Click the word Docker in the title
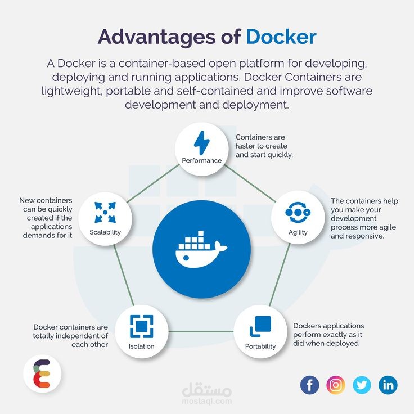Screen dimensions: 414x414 tap(281, 37)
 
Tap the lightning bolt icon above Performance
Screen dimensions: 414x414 tap(202, 142)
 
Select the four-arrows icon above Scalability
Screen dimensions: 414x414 tap(105, 212)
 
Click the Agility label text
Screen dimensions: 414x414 tap(298, 232)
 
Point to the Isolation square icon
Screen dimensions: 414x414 tap(142, 326)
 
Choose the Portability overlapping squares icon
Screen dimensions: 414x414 tap(260, 326)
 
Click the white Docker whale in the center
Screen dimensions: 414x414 tap(201, 250)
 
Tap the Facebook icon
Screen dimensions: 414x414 tap(310, 385)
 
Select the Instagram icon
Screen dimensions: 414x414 tap(336, 385)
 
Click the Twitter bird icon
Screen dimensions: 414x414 tap(362, 385)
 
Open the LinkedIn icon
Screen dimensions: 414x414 tap(388, 385)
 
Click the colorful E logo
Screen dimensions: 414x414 tap(42, 373)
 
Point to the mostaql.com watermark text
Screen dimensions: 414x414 tap(207, 401)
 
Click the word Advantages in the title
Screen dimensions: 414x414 tap(157, 37)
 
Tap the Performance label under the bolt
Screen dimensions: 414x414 tap(202, 160)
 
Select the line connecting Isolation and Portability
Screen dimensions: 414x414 tap(201, 331)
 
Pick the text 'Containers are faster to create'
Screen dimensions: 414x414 tap(262, 142)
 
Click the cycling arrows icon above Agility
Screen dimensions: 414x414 tap(298, 212)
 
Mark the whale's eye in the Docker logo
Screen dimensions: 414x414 tap(186, 258)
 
